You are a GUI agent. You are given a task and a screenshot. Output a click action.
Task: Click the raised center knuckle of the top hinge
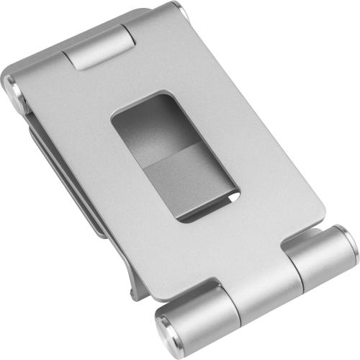coord(99,49)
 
